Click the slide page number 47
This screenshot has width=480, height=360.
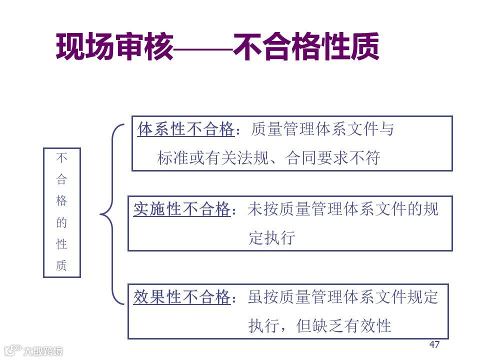(434, 344)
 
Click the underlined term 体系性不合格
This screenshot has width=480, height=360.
(185, 130)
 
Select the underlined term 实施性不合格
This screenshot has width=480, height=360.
(181, 209)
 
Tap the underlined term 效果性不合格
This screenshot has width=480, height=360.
(181, 297)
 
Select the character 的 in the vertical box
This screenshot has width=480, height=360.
(61, 223)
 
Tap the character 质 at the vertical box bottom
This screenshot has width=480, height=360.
(61, 265)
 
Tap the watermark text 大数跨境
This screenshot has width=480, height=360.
(43, 351)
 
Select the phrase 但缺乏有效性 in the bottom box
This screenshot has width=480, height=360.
(343, 326)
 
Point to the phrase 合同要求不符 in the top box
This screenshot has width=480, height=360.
(333, 158)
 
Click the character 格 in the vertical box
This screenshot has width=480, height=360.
(61, 201)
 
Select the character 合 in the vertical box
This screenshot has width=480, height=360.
(61, 180)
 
